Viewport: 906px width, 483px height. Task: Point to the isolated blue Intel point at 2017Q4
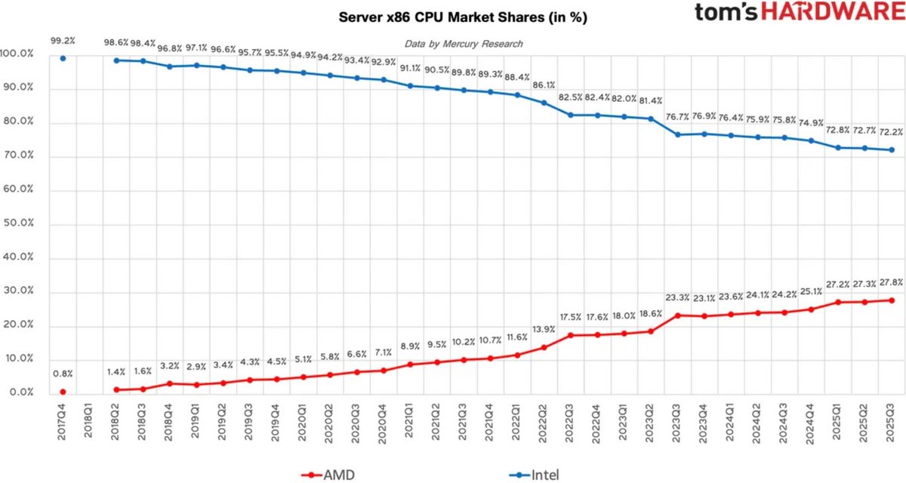(63, 58)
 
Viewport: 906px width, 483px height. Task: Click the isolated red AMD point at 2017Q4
(63, 392)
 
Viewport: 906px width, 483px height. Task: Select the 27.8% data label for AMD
(891, 281)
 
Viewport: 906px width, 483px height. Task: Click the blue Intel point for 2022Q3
(571, 115)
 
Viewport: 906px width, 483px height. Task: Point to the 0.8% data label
(63, 373)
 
